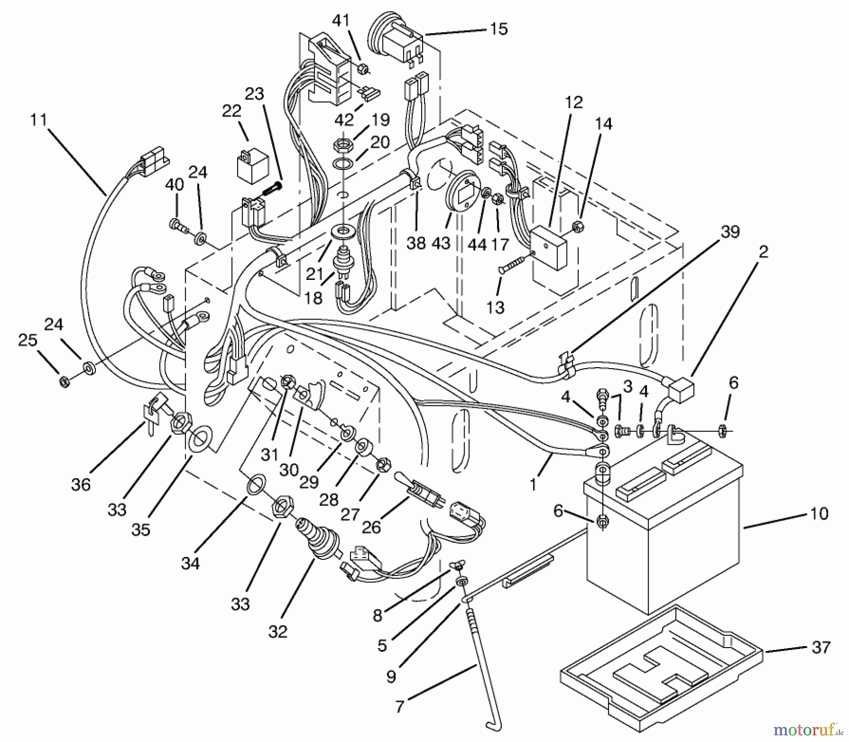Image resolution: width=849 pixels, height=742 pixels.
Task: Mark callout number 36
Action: point(81,484)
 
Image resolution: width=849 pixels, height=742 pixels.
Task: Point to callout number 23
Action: point(254,94)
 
